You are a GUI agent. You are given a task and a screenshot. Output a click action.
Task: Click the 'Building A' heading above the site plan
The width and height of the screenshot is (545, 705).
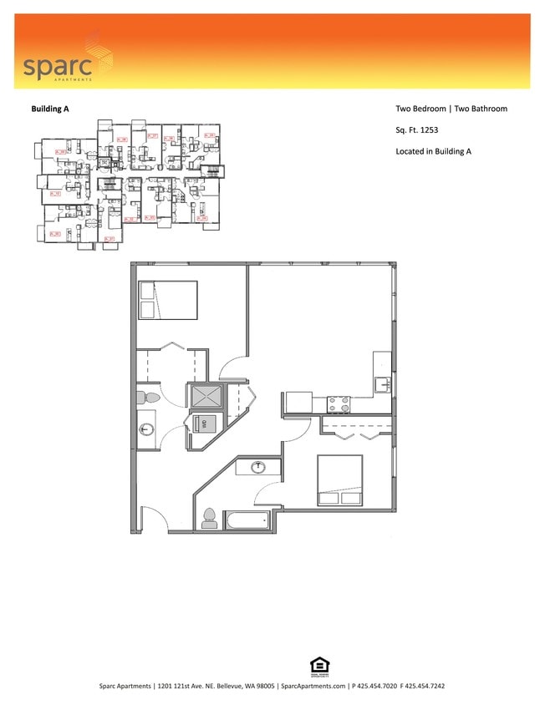pos(50,109)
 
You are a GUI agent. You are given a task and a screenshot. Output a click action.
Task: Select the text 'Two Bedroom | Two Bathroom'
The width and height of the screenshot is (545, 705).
pos(451,109)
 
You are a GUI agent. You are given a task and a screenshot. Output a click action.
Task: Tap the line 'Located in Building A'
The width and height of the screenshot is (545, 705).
pos(434,151)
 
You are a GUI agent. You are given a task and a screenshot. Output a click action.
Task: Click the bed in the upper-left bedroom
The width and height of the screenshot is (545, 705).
pos(168,301)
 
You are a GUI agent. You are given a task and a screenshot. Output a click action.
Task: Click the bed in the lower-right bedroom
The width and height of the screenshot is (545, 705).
pos(339,480)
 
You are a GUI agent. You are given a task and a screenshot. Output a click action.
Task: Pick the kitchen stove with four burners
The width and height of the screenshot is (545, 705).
pos(338,404)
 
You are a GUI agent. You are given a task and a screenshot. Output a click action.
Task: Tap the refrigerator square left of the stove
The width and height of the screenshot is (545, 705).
pos(298,403)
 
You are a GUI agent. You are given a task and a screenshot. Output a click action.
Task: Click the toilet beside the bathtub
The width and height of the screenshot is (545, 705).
pos(209,518)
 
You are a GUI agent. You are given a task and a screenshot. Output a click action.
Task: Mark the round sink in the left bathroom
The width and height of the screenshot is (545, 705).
pos(147,430)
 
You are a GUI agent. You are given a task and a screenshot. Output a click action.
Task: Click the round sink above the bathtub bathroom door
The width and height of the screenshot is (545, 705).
pos(258,467)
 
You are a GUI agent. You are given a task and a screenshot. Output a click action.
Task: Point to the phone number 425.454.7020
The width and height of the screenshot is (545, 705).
pos(377,686)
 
